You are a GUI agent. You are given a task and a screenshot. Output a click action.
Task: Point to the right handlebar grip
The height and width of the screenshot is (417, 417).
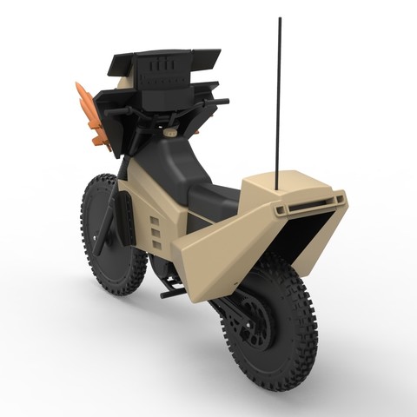(x=221, y=102)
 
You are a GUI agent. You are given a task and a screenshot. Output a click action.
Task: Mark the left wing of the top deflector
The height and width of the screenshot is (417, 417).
(x=120, y=63)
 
